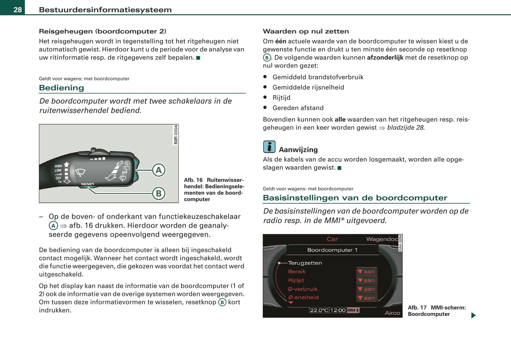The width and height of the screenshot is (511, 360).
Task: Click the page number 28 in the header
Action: [x=17, y=10]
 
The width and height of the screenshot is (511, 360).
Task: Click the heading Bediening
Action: [x=61, y=88]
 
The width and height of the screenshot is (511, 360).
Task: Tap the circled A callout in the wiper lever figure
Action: [x=159, y=170]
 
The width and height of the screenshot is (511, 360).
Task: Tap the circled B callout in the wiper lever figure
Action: [x=159, y=193]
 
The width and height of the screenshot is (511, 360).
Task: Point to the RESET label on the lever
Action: [x=87, y=184]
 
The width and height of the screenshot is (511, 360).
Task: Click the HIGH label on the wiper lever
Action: [x=58, y=166]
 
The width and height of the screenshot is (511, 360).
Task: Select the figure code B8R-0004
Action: [x=176, y=135]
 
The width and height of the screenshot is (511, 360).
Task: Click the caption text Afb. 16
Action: [x=193, y=180]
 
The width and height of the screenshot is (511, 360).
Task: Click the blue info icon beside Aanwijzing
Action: [x=269, y=147]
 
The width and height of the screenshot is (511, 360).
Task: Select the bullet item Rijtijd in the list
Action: [x=281, y=98]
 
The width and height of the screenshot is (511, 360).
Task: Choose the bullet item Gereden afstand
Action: [x=298, y=108]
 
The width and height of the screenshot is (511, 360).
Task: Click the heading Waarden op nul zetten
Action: [x=306, y=31]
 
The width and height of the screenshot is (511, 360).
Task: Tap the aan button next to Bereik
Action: [x=367, y=272]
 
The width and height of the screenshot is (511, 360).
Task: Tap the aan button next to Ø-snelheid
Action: [x=367, y=298]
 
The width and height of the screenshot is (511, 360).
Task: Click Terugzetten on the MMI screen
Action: [x=305, y=263]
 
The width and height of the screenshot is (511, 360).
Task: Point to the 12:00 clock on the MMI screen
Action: [x=338, y=310]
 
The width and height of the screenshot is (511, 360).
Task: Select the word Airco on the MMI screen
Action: [x=392, y=313]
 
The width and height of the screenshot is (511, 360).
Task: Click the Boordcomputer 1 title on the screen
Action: [x=332, y=250]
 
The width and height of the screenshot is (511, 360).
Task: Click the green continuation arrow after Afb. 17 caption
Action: [x=473, y=315]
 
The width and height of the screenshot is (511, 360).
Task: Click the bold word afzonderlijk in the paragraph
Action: [x=385, y=57]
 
